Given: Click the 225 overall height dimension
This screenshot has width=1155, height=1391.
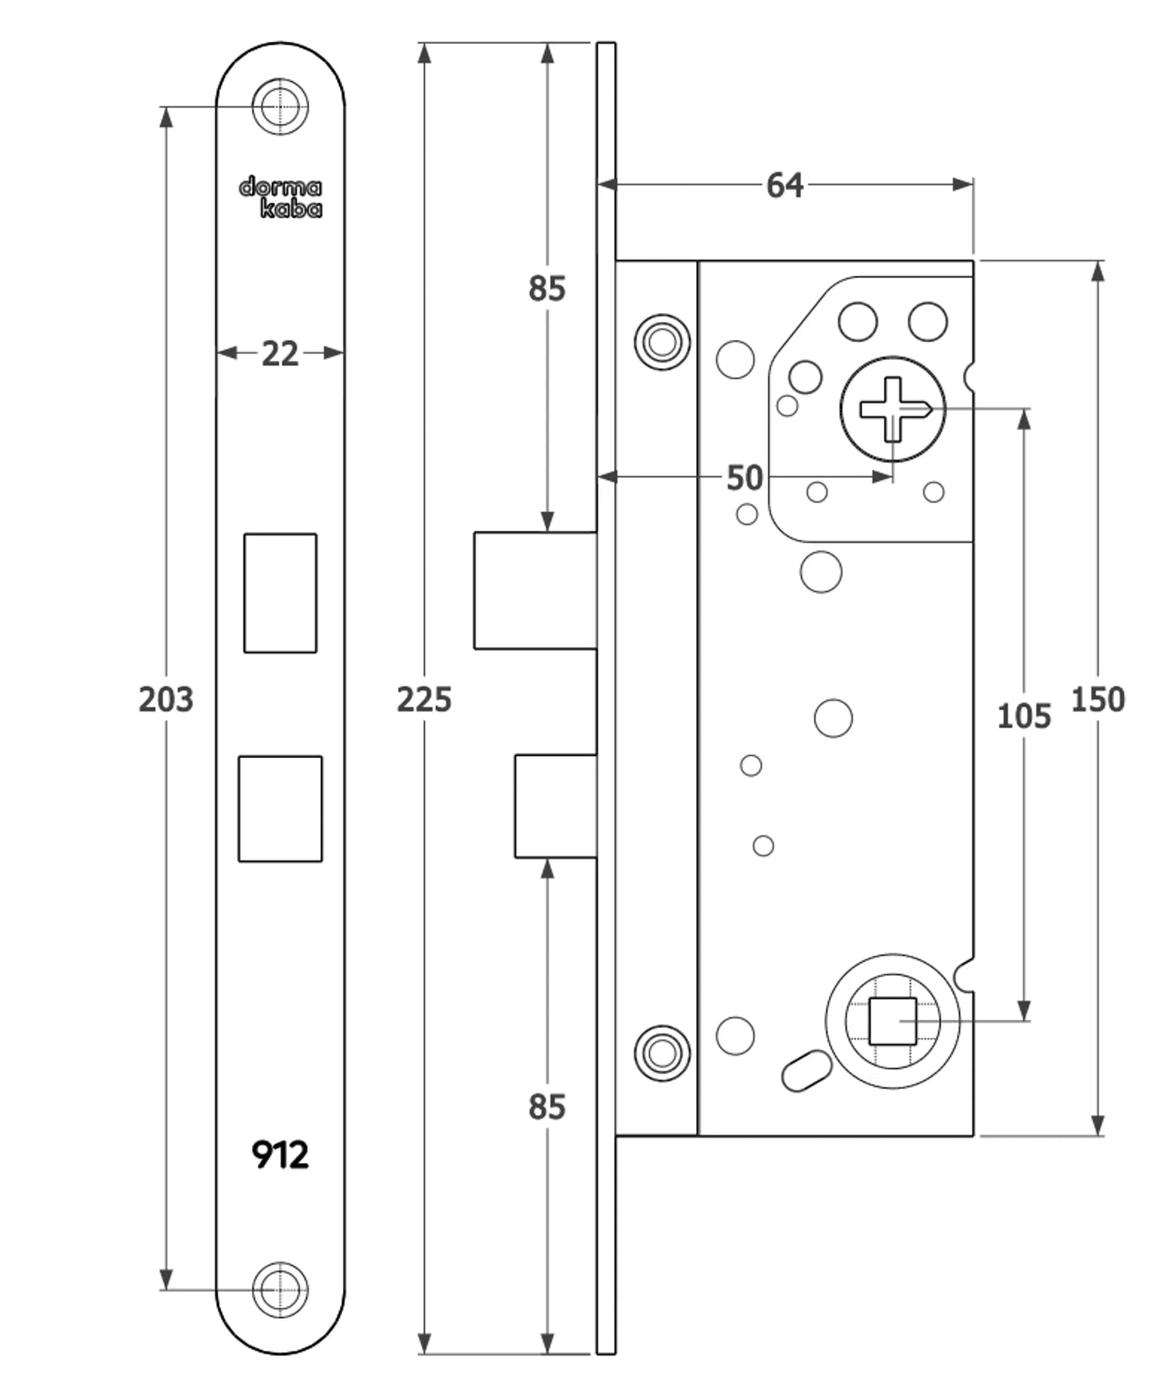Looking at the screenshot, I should [424, 699].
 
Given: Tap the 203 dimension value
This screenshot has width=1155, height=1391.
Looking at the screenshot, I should [165, 699].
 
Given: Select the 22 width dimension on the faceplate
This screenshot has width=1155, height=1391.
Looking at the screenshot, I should [280, 354].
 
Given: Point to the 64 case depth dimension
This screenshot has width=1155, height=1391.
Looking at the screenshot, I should [784, 185].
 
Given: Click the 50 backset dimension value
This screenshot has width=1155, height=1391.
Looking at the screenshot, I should [745, 478].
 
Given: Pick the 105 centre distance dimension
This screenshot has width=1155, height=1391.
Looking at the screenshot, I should [1024, 716].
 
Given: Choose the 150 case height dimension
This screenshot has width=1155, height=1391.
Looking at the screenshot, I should [1097, 699].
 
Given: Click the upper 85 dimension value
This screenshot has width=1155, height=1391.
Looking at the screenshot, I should [547, 288].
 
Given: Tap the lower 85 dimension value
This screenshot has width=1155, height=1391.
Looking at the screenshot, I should [547, 1107].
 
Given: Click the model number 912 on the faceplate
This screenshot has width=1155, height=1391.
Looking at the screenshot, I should [280, 1155].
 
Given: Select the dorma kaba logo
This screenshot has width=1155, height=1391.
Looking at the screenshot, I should [280, 198].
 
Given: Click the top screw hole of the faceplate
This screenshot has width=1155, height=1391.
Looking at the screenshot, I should [280, 107].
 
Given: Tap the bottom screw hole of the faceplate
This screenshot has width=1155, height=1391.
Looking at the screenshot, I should [280, 1290].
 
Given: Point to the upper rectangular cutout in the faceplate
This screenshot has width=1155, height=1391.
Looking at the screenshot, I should [280, 593].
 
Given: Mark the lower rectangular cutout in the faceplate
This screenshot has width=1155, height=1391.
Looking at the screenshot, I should [280, 808].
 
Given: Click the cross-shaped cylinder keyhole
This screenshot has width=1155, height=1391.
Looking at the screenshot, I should [892, 409].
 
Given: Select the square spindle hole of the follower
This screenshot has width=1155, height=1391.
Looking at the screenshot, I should [892, 1021].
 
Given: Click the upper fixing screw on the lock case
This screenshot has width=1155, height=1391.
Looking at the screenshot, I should [662, 342].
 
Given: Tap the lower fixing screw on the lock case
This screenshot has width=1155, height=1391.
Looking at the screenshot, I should [662, 1053].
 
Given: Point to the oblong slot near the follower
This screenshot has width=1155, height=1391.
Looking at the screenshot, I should [807, 1070].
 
